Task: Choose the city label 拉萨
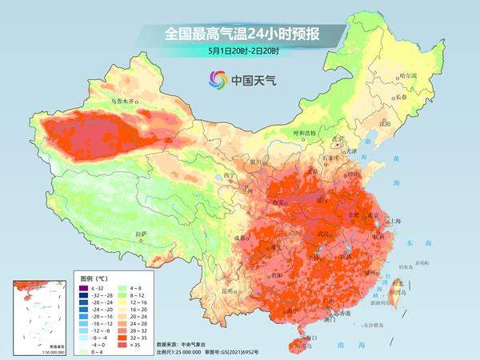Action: tap(142, 234)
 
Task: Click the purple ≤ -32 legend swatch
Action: tap(85, 286)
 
